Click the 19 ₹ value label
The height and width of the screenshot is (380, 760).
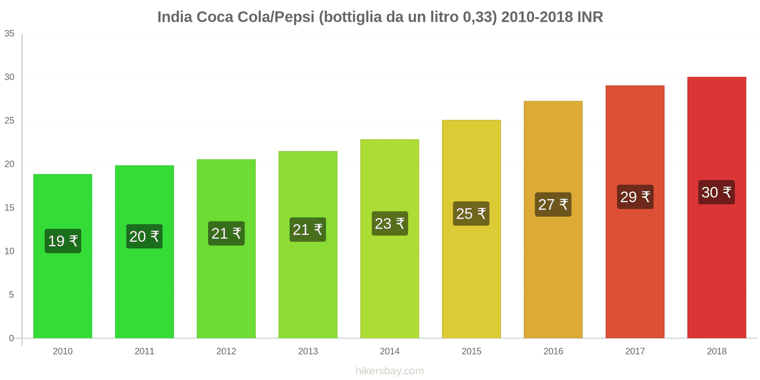pos(63,241)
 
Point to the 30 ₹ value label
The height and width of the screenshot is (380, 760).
pos(716,192)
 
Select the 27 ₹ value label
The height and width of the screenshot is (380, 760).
pos(553,205)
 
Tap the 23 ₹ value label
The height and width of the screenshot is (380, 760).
pos(389,224)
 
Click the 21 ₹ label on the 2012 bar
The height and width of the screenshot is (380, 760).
pos(226,234)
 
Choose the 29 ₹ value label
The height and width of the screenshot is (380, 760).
pos(635,197)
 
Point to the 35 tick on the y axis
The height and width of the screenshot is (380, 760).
pos(9,34)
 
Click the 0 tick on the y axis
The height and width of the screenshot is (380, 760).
pos(11,338)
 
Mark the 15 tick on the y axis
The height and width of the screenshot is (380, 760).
pos(9,208)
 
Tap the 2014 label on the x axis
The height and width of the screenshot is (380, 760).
pos(389,351)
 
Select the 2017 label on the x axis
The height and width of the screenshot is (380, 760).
pos(635,351)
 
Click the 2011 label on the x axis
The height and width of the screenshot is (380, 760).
pos(144,351)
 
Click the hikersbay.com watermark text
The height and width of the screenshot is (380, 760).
pos(389,371)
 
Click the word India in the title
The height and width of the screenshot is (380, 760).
pos(174,17)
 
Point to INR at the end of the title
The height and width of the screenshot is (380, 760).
pos(590,17)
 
